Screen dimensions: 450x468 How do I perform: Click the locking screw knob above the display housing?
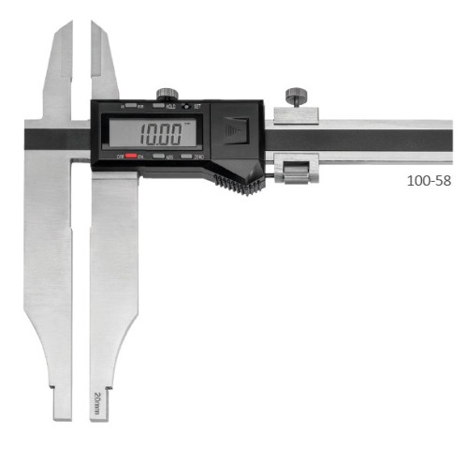[168, 93]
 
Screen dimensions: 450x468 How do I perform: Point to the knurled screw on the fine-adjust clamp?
[297, 97]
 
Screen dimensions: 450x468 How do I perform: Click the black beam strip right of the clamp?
[393, 140]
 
